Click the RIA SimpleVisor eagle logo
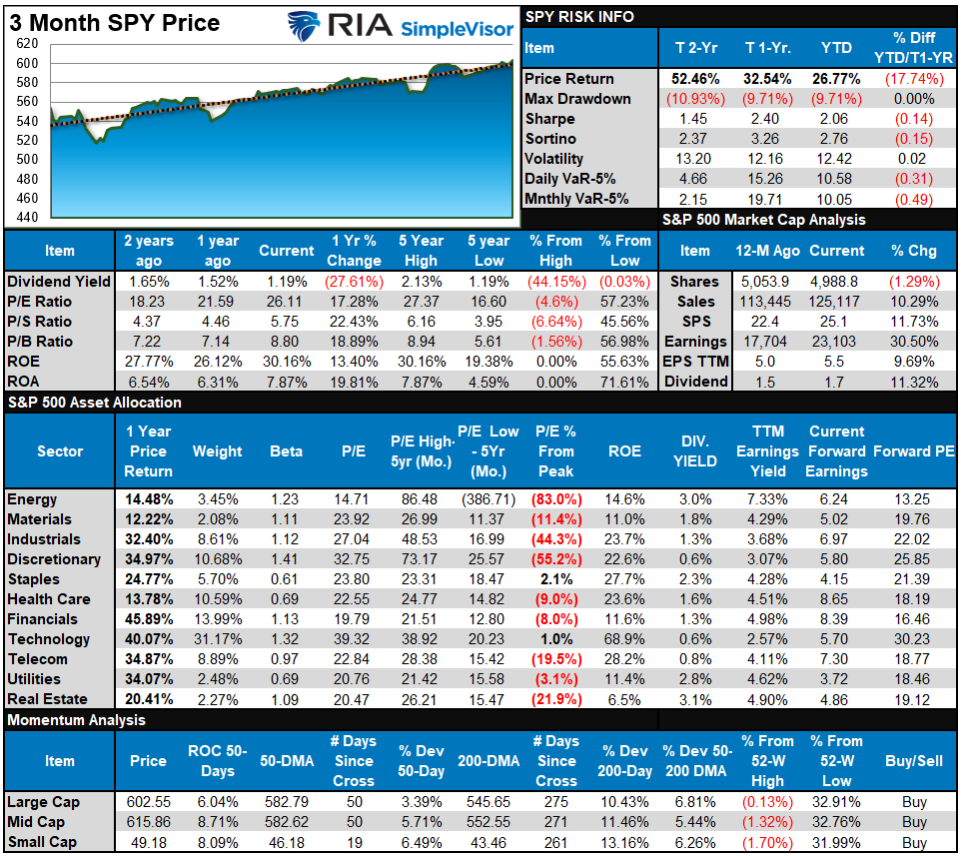[x=305, y=26]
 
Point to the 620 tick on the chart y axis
[x=27, y=44]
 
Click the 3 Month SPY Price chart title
[x=115, y=22]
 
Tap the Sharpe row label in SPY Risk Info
[x=549, y=119]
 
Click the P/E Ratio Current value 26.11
[x=287, y=302]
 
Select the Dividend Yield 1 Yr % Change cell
[x=354, y=282]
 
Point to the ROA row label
[x=24, y=382]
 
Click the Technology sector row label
[x=48, y=639]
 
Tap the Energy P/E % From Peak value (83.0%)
[x=556, y=499]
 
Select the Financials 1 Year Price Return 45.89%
[x=148, y=619]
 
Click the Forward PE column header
[x=913, y=451]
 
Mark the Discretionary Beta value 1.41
[x=286, y=559]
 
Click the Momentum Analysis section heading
[x=76, y=720]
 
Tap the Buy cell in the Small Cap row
[x=913, y=842]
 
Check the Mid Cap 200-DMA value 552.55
[x=489, y=822]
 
